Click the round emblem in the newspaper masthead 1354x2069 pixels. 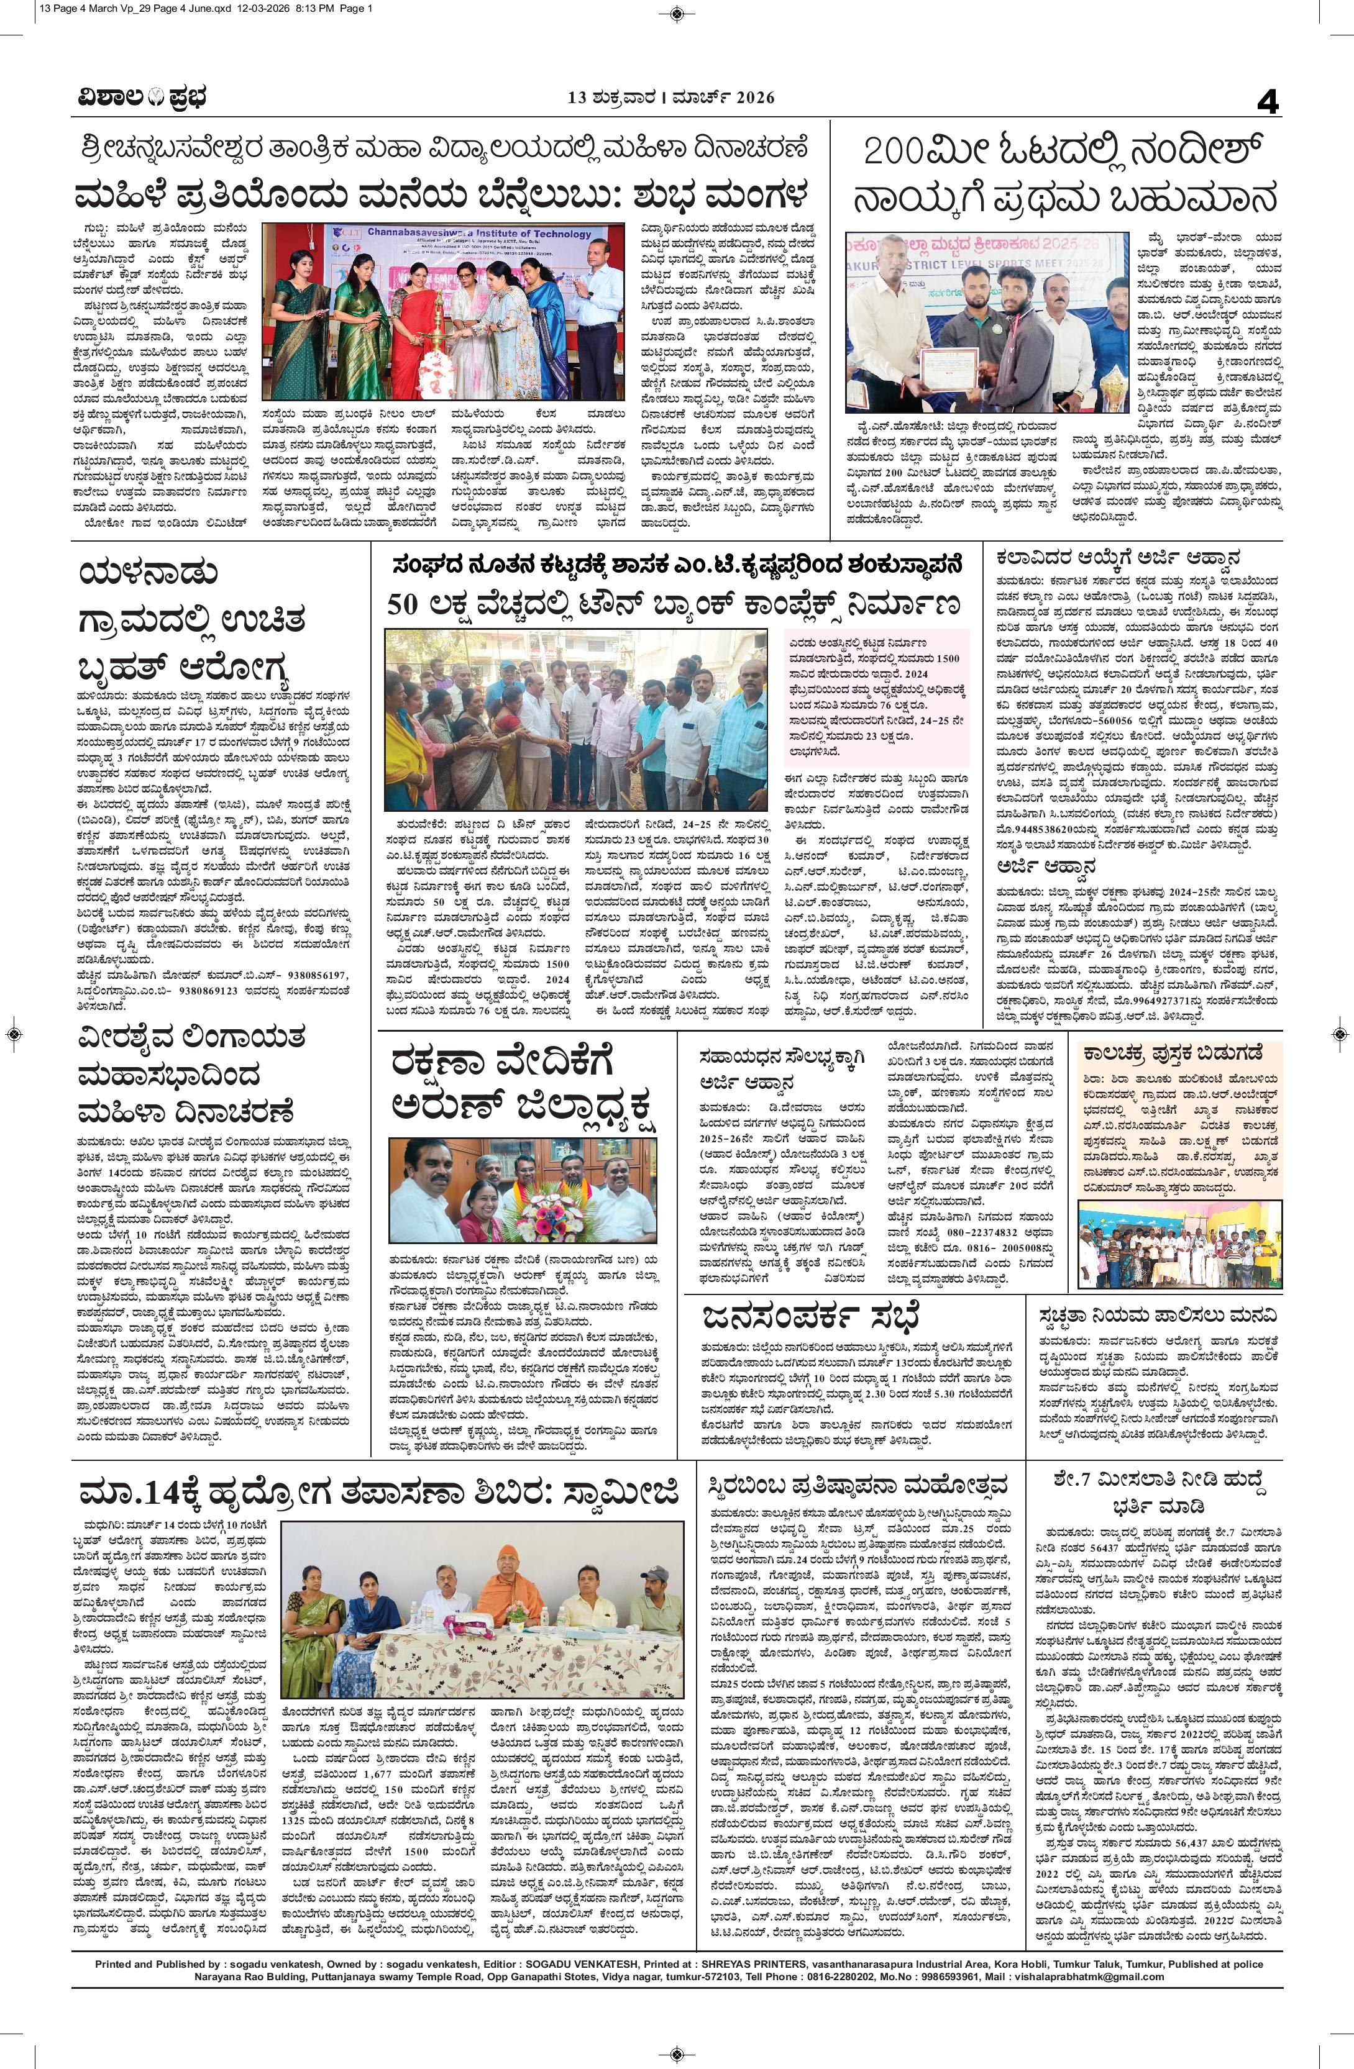148,98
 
